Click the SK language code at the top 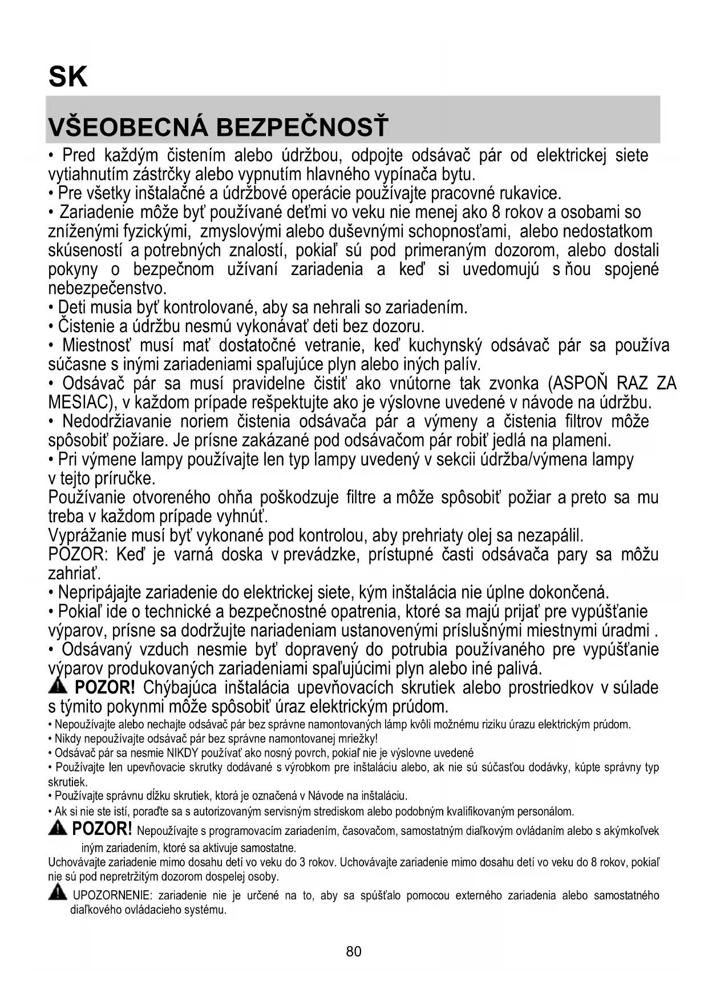(68, 76)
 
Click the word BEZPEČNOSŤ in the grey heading (302, 127)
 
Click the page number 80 (354, 951)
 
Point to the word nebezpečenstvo (107, 288)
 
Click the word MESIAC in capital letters (78, 402)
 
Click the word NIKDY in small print (180, 753)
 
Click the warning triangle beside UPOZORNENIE (57, 893)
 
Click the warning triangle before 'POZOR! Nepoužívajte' (58, 828)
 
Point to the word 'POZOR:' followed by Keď (78, 555)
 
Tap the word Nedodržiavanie (116, 422)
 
